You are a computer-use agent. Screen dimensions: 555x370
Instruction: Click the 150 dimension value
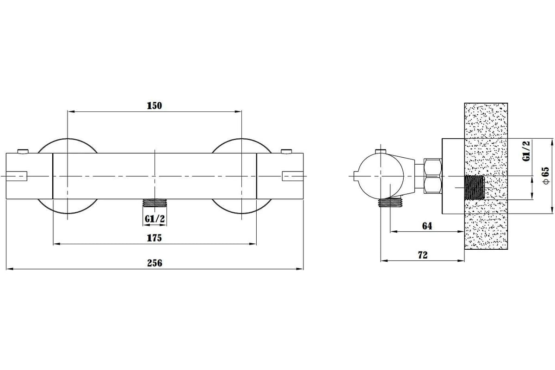click(154, 105)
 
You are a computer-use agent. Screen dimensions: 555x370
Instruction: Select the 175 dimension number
click(154, 238)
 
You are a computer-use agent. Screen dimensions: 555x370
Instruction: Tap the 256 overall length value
click(154, 263)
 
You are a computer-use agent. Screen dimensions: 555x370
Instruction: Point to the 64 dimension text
click(427, 226)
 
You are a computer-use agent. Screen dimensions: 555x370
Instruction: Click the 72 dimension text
click(423, 255)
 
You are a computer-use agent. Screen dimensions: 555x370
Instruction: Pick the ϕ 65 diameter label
click(546, 175)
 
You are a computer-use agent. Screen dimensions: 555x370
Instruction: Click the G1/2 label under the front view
click(154, 219)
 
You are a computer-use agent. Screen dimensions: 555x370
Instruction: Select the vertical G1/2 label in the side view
click(526, 151)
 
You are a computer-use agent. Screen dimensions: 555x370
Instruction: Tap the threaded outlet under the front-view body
click(154, 203)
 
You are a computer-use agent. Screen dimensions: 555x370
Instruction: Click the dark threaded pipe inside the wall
click(474, 188)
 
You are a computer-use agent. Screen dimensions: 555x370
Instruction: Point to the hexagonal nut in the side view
click(432, 176)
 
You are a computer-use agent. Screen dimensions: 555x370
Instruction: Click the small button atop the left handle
click(23, 151)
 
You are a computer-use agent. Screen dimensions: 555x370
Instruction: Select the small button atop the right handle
click(286, 151)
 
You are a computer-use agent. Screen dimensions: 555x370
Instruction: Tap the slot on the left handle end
click(16, 176)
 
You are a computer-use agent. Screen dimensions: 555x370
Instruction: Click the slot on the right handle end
click(293, 176)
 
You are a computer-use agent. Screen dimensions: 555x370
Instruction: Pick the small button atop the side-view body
click(381, 151)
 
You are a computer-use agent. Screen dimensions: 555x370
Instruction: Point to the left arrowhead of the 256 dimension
click(9, 269)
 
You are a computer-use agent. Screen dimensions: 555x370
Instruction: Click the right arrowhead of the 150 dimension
click(238, 112)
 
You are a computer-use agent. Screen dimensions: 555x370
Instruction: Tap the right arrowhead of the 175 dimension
click(253, 244)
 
